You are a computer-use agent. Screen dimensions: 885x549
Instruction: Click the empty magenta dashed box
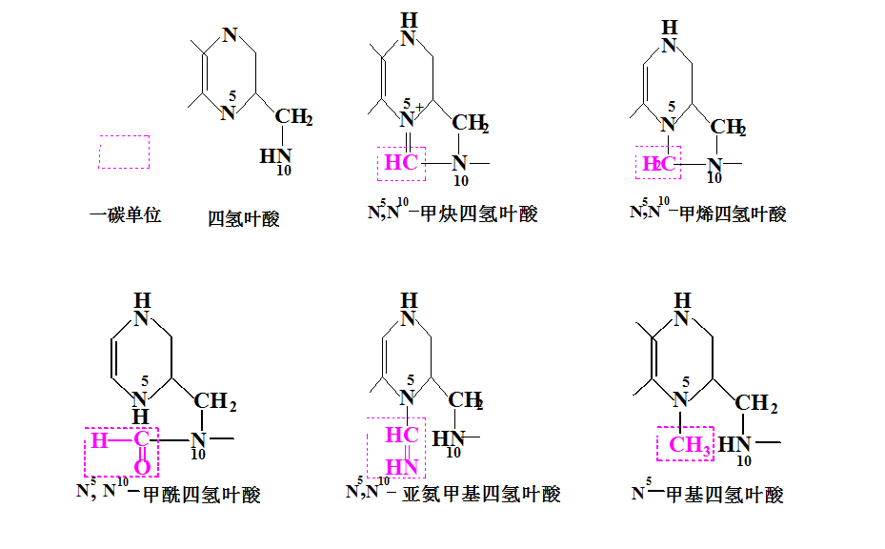pyautogui.click(x=125, y=152)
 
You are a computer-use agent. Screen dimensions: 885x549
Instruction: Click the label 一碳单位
pyautogui.click(x=125, y=215)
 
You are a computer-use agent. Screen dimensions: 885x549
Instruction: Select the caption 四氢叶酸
pyautogui.click(x=244, y=218)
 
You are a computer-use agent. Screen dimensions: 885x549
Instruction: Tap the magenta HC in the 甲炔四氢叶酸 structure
pyautogui.click(x=401, y=163)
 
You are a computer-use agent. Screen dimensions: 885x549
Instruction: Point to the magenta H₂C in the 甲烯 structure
pyautogui.click(x=658, y=164)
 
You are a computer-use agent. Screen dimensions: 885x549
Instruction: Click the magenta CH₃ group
pyautogui.click(x=689, y=445)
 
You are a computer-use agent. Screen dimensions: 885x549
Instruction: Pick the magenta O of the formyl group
pyautogui.click(x=142, y=467)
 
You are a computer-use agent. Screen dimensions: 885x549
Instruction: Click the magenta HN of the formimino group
pyautogui.click(x=403, y=467)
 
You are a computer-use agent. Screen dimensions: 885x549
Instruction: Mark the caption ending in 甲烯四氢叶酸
pyautogui.click(x=709, y=213)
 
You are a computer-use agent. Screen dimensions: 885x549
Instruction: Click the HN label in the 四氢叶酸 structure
pyautogui.click(x=276, y=155)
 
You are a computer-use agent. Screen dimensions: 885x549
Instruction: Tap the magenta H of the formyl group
pyautogui.click(x=98, y=440)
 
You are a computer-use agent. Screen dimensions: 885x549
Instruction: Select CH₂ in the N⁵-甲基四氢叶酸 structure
pyautogui.click(x=757, y=403)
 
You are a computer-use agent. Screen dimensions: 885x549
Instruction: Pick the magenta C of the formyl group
pyautogui.click(x=142, y=440)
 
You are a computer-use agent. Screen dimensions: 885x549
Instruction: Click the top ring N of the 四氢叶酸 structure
pyautogui.click(x=229, y=35)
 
